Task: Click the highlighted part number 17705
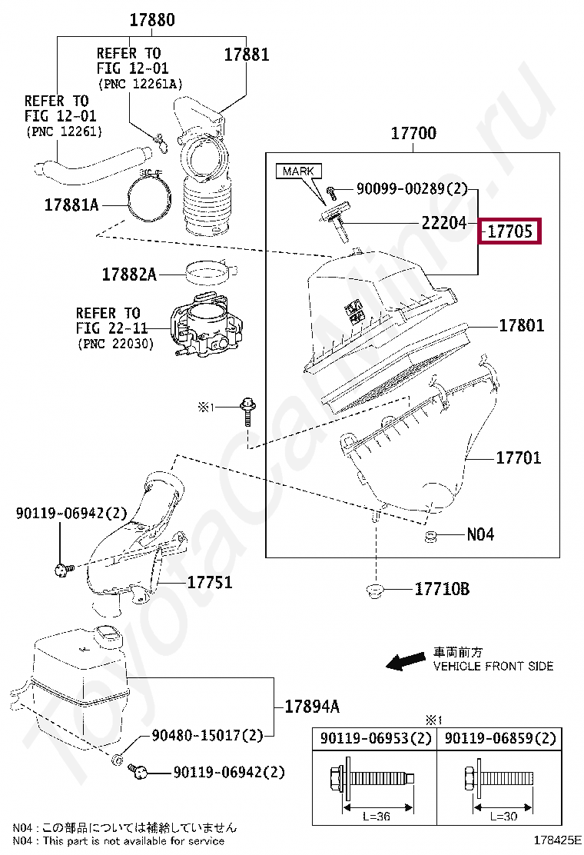510,231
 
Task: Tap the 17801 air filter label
521,325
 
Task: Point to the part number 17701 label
518,457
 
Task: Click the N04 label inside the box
480,534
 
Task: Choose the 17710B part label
442,590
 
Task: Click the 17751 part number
210,583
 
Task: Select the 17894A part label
312,707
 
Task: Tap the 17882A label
129,274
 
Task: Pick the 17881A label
71,205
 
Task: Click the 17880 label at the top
151,21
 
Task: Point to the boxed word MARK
299,171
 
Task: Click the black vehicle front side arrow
405,660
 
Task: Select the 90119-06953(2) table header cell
374,739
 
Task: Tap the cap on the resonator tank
107,635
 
